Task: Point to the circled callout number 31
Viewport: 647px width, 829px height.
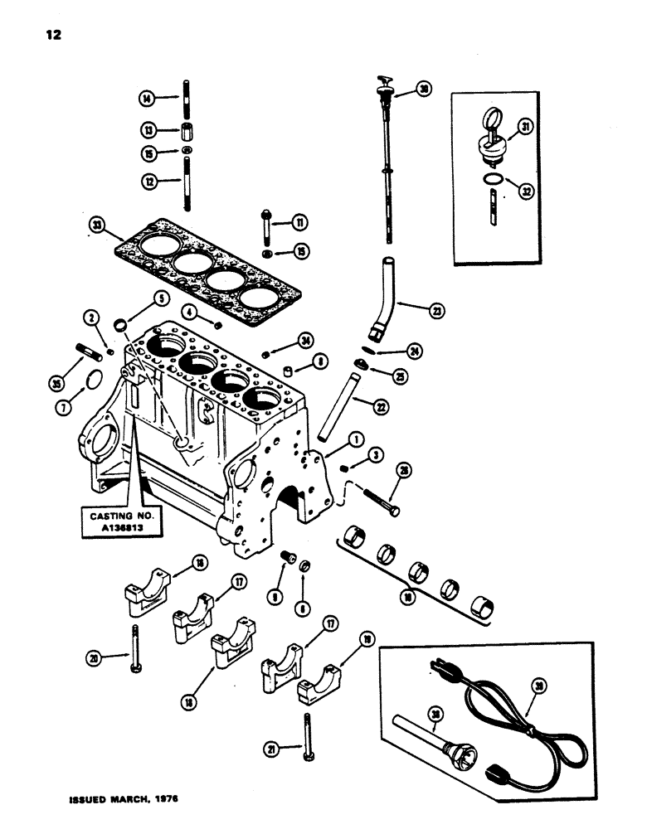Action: tap(524, 126)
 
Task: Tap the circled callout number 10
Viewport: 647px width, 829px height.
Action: tap(406, 595)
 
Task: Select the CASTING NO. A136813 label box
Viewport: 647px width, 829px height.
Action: tap(124, 522)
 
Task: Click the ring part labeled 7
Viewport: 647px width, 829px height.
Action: tap(94, 380)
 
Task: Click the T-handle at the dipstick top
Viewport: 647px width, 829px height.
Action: tap(385, 83)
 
